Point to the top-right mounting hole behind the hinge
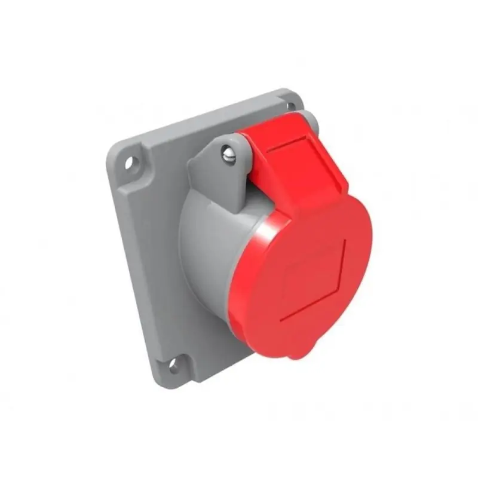[292, 106]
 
